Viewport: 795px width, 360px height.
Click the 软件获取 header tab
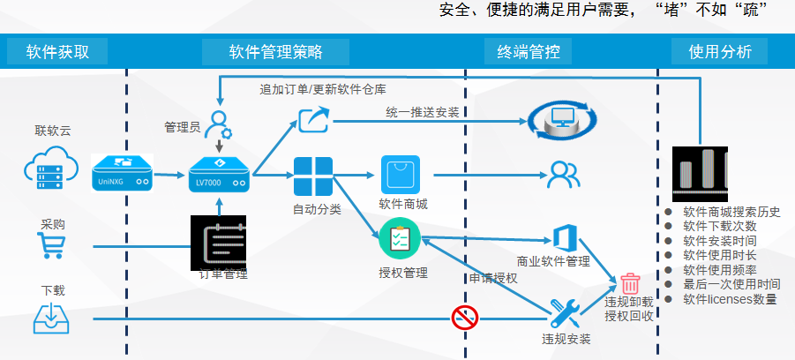[x=57, y=51]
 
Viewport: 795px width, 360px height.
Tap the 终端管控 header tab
[x=529, y=51]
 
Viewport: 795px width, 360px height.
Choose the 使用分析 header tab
[x=720, y=51]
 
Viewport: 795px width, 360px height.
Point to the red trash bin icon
[x=630, y=283]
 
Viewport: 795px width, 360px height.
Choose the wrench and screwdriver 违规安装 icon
[x=565, y=313]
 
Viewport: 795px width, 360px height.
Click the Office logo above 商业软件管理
[x=565, y=237]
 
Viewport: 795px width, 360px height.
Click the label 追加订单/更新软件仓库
[x=322, y=89]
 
